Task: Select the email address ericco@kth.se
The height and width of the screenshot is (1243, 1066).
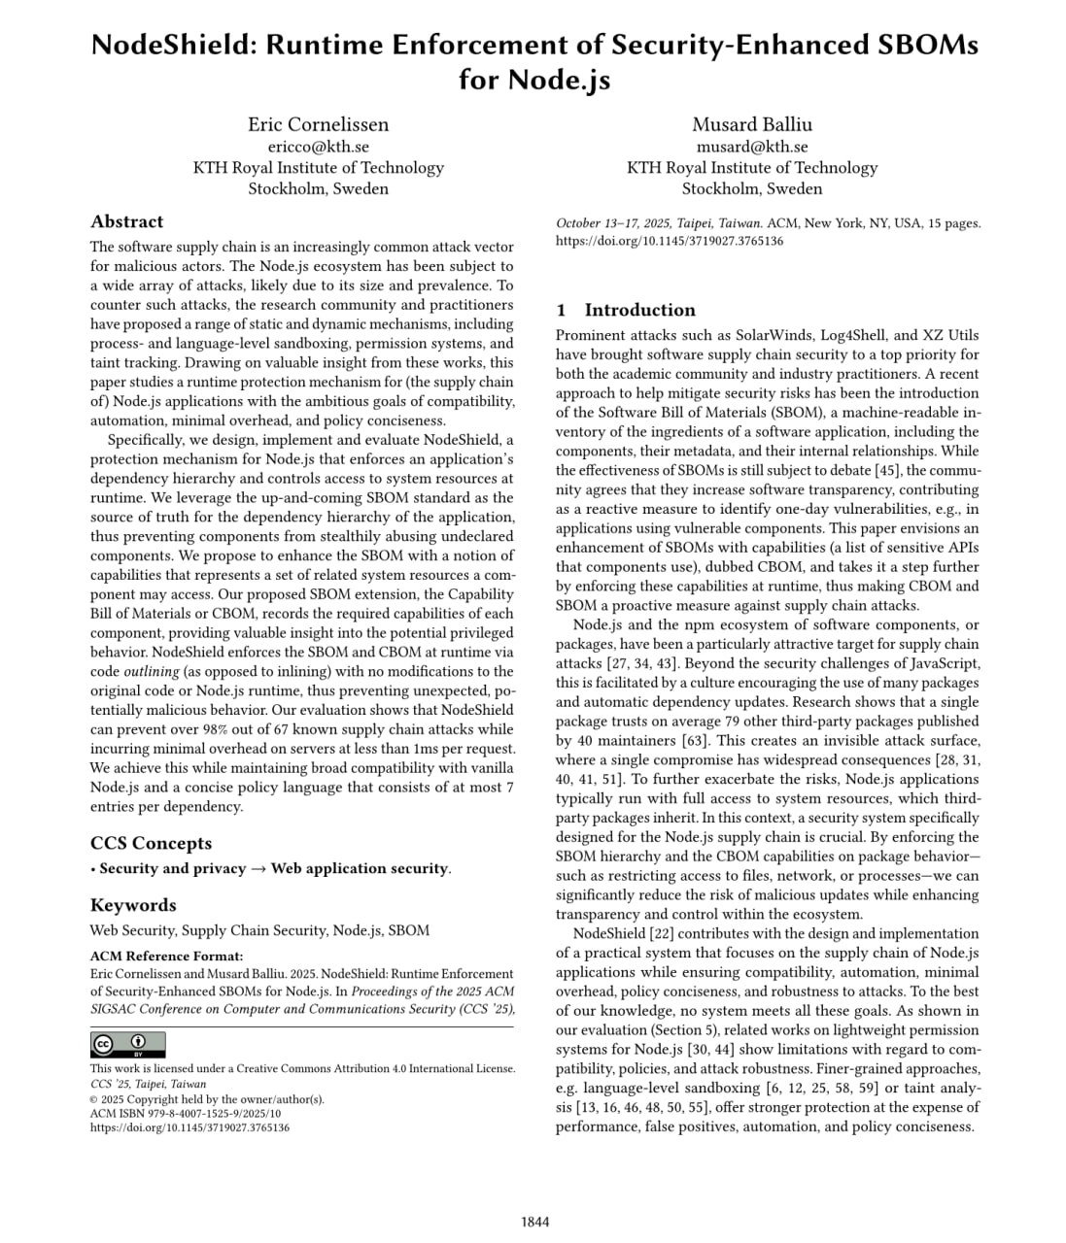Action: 318,147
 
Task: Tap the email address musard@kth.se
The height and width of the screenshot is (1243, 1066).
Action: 751,147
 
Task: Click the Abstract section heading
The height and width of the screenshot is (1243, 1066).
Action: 126,221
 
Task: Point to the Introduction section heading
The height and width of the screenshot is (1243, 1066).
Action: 639,310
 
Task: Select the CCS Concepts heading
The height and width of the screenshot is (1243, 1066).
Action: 151,843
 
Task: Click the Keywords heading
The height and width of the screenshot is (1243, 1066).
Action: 133,905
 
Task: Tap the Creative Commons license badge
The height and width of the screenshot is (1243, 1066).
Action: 127,1045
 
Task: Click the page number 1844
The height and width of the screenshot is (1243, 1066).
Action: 534,1222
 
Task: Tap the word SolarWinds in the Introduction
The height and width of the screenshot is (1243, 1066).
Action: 744,335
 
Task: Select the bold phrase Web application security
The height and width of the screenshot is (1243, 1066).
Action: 360,868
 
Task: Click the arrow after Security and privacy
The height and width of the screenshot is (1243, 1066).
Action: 258,868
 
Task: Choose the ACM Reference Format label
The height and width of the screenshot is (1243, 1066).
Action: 166,957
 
